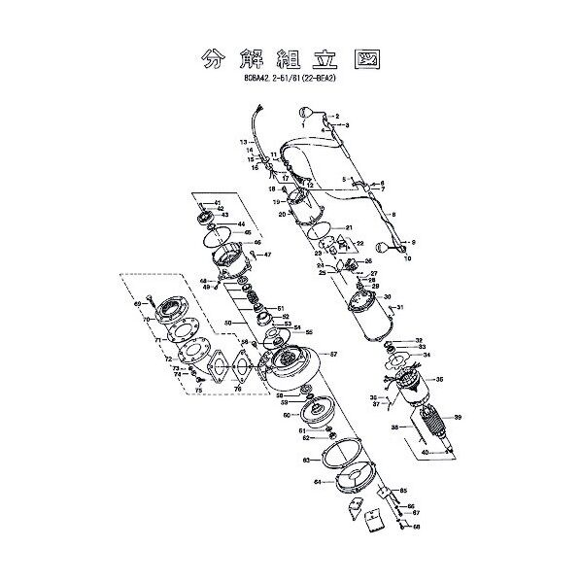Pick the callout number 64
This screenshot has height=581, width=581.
(x=318, y=481)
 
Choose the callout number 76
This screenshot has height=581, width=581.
(x=238, y=389)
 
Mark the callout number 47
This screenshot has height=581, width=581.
(x=268, y=255)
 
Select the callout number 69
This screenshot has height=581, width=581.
(x=137, y=304)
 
